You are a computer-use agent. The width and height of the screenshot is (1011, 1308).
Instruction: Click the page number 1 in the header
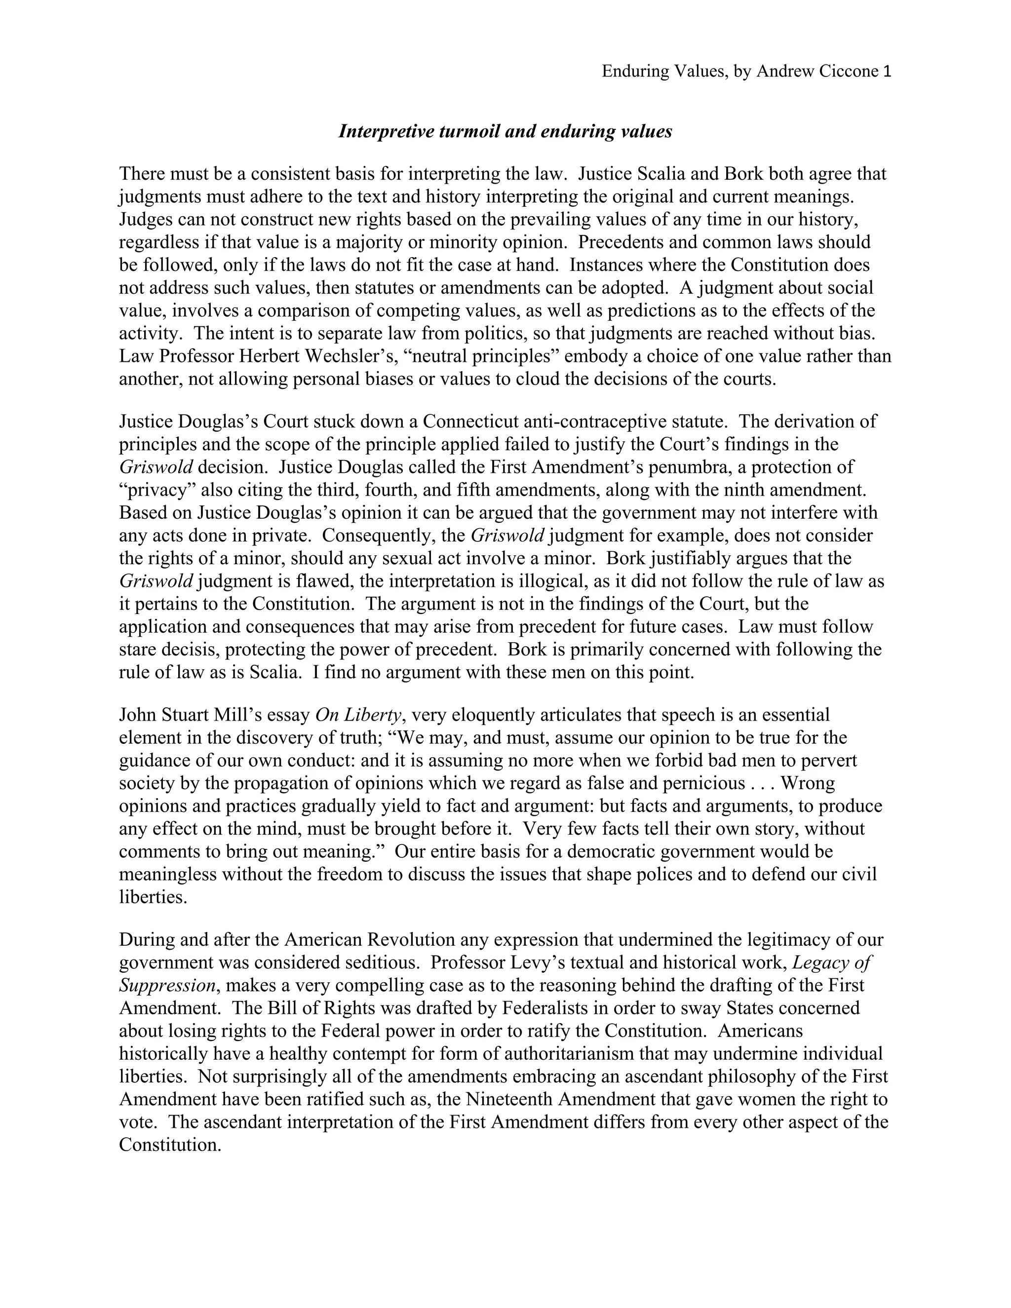click(x=887, y=72)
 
